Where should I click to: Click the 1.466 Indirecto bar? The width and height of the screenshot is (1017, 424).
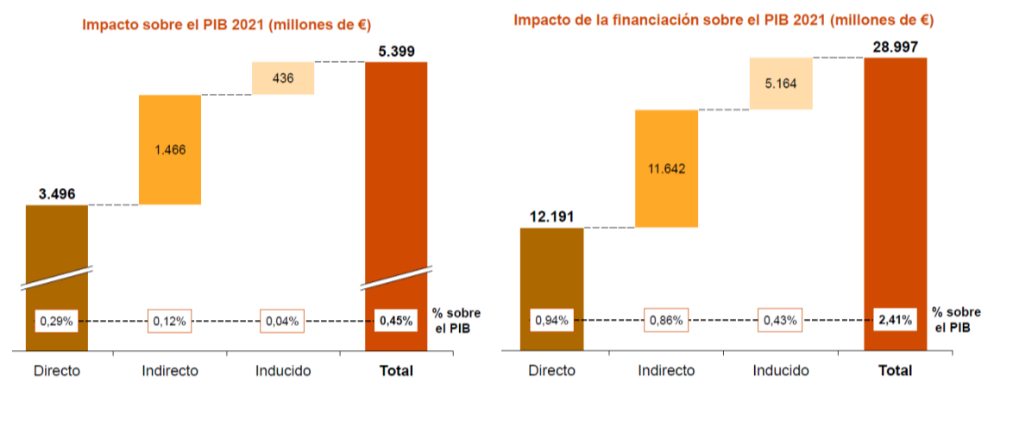(x=170, y=150)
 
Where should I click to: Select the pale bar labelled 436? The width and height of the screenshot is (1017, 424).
(x=283, y=78)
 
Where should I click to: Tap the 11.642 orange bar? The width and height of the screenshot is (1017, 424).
(x=666, y=169)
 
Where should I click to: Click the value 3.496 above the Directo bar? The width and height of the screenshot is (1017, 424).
(x=57, y=193)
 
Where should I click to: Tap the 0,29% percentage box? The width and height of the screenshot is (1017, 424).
(x=56, y=321)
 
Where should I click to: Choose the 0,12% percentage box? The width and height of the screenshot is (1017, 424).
(x=170, y=321)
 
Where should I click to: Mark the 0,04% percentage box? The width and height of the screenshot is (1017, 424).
(x=282, y=321)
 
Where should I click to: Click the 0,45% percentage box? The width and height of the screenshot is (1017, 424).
(x=396, y=321)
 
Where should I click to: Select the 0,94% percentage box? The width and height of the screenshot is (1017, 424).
(x=551, y=320)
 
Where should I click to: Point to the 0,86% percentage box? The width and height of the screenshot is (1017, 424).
(x=666, y=320)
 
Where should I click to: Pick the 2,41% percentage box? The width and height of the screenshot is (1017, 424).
(x=895, y=320)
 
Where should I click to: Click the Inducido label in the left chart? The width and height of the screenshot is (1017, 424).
(x=282, y=370)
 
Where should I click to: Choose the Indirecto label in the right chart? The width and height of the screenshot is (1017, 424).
(x=666, y=370)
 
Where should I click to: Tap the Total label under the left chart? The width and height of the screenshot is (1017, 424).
(x=396, y=370)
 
